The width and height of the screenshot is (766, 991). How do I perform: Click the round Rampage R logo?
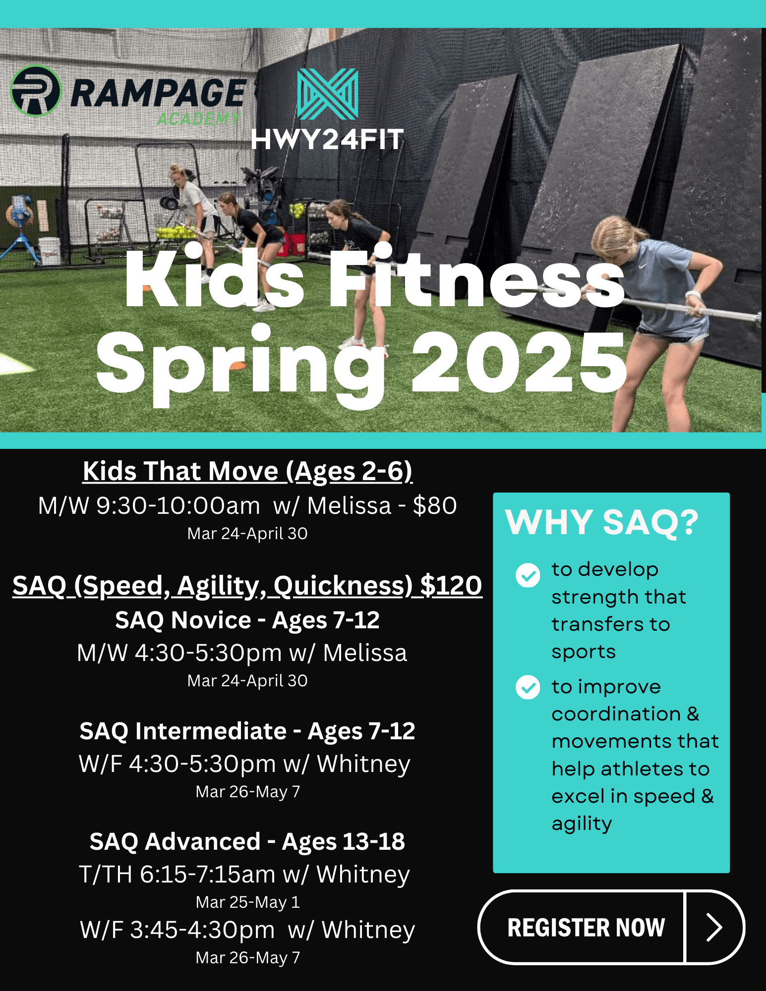point(36,91)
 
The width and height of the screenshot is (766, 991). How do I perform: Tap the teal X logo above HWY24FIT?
point(327,94)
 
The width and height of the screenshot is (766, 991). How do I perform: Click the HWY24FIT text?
point(327,140)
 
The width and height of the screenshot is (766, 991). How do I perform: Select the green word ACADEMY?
point(198,119)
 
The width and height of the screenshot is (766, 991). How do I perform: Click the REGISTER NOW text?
point(586,928)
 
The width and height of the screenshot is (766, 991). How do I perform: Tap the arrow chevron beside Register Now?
point(714,928)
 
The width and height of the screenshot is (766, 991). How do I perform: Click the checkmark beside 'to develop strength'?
point(528,575)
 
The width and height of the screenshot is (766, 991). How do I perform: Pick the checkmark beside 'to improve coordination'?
point(528,687)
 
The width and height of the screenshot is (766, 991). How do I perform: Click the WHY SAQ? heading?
point(602,522)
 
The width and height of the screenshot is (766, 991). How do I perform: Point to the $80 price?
point(435,506)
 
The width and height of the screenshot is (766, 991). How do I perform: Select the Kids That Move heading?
point(247,471)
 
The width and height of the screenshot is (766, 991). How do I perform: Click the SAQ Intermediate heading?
point(247,731)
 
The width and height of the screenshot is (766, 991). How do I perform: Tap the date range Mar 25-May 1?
point(248,902)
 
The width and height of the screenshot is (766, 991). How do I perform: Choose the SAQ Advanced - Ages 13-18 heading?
point(247,842)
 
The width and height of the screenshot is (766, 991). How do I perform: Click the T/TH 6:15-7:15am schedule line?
point(244,875)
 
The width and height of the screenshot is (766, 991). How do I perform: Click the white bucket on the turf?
point(50,251)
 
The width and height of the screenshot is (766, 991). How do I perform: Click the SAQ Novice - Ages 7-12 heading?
point(247,620)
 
